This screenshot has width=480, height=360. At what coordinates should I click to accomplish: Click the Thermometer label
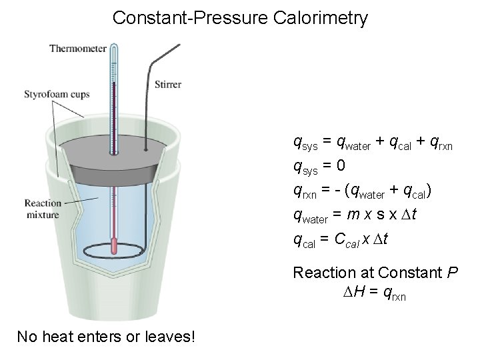tap(77, 48)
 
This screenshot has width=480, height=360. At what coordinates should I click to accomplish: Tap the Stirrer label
tap(168, 85)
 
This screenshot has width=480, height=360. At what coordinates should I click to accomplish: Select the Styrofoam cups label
tap(57, 95)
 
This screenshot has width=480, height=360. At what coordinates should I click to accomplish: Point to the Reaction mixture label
tap(43, 209)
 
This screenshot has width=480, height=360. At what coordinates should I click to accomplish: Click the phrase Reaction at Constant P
tap(375, 273)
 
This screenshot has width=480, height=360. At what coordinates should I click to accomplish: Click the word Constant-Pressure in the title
tap(191, 18)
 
